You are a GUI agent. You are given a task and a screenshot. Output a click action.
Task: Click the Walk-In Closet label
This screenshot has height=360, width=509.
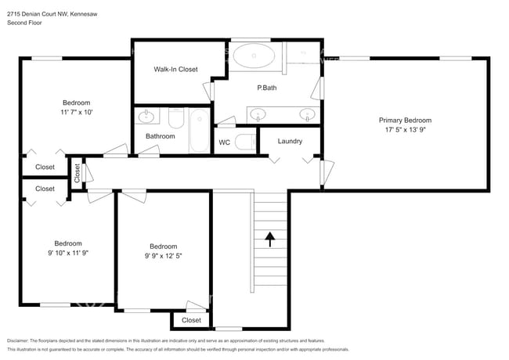click(x=175, y=69)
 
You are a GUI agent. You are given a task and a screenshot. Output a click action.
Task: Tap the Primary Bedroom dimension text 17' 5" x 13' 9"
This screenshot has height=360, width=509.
click(x=405, y=130)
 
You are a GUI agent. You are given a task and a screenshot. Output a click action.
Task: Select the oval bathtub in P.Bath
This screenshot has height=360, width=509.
click(x=254, y=56)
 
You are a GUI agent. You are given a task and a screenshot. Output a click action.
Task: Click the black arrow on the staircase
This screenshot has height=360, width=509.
click(x=269, y=239)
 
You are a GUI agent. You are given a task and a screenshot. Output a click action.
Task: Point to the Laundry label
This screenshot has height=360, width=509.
click(x=290, y=141)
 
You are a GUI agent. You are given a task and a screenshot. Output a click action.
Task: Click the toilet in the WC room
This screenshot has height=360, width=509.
click(x=245, y=142)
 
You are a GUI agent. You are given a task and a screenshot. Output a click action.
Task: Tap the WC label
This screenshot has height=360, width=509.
click(x=224, y=142)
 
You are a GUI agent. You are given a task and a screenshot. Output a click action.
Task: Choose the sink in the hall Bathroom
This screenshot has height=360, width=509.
click(x=146, y=116)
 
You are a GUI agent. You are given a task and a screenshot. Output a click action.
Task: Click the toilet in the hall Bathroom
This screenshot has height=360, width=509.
click(x=176, y=118)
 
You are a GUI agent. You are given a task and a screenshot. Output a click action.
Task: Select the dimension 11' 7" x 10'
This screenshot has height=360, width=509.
click(x=77, y=112)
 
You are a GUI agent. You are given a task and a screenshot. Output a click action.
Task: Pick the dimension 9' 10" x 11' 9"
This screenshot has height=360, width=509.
click(x=68, y=253)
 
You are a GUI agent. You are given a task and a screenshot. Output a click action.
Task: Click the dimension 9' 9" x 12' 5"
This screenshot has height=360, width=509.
click(x=164, y=256)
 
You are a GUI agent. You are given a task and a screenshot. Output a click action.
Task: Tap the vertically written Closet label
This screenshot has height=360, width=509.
click(x=77, y=173)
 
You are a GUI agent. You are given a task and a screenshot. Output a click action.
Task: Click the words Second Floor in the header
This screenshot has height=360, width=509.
click(x=24, y=23)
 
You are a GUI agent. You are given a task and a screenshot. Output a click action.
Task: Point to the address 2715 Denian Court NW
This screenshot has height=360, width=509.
click(x=38, y=14)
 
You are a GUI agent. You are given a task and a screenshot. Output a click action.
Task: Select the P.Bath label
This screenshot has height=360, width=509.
click(x=267, y=88)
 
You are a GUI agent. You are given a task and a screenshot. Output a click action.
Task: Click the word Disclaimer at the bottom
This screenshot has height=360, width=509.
click(x=18, y=341)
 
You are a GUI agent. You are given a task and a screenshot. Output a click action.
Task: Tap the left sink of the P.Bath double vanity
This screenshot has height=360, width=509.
click(x=258, y=115)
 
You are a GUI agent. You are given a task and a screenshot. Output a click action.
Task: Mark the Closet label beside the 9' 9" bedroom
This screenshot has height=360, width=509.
click(x=191, y=320)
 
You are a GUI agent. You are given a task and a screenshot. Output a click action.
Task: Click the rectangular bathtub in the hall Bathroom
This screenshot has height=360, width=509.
click(x=200, y=131)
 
